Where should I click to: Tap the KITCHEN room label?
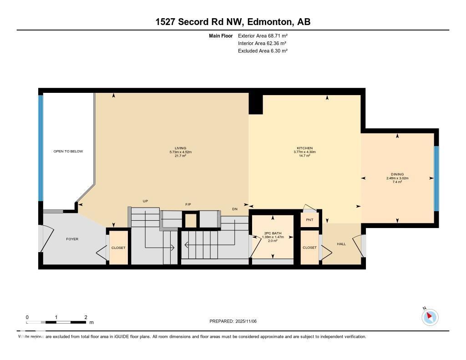click(304, 148)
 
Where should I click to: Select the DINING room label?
click(397, 174)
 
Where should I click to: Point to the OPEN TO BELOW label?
click(68, 151)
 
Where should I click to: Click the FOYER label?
click(72, 238)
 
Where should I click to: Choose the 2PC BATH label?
click(273, 233)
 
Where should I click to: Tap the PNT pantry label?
click(309, 220)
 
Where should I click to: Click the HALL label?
click(341, 244)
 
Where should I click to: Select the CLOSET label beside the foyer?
click(118, 248)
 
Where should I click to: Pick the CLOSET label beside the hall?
click(309, 248)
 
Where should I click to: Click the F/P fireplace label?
click(188, 204)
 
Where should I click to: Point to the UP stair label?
click(146, 201)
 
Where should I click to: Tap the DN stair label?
click(235, 209)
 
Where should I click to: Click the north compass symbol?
click(430, 317)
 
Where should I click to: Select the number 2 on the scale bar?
click(86, 317)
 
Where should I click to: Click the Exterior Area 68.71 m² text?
click(263, 35)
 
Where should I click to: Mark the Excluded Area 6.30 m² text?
click(263, 51)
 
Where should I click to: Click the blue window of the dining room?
click(436, 178)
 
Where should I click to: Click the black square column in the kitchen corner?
click(255, 104)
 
